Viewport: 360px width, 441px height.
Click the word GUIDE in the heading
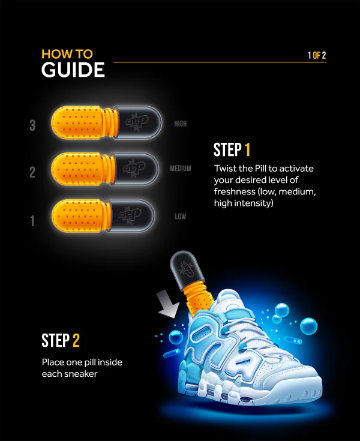[x=73, y=70]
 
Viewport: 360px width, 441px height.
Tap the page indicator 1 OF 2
[x=317, y=56]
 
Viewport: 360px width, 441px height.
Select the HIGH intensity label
[x=180, y=124]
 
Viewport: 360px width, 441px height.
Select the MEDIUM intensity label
[x=180, y=169]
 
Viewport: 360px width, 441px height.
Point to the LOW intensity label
[x=180, y=217]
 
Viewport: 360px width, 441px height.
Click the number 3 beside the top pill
[x=33, y=125]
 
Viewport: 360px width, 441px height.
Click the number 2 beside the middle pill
[x=33, y=172]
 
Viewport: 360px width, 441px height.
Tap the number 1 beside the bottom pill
[x=32, y=221]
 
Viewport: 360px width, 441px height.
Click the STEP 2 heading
[x=60, y=341]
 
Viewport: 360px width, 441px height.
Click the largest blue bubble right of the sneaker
[x=308, y=325]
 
